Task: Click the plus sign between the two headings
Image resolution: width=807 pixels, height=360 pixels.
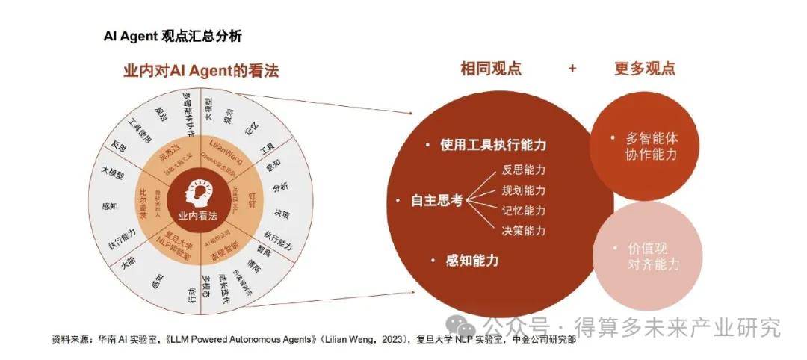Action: click(x=572, y=69)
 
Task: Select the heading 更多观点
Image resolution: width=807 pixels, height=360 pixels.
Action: click(x=645, y=69)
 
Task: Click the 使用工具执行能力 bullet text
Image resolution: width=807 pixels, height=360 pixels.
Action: click(x=494, y=144)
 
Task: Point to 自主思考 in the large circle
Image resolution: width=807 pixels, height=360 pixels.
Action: click(x=437, y=200)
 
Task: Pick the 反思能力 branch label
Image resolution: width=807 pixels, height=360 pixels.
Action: click(x=523, y=169)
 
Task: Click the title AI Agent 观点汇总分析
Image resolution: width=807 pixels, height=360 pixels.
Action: click(x=173, y=36)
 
